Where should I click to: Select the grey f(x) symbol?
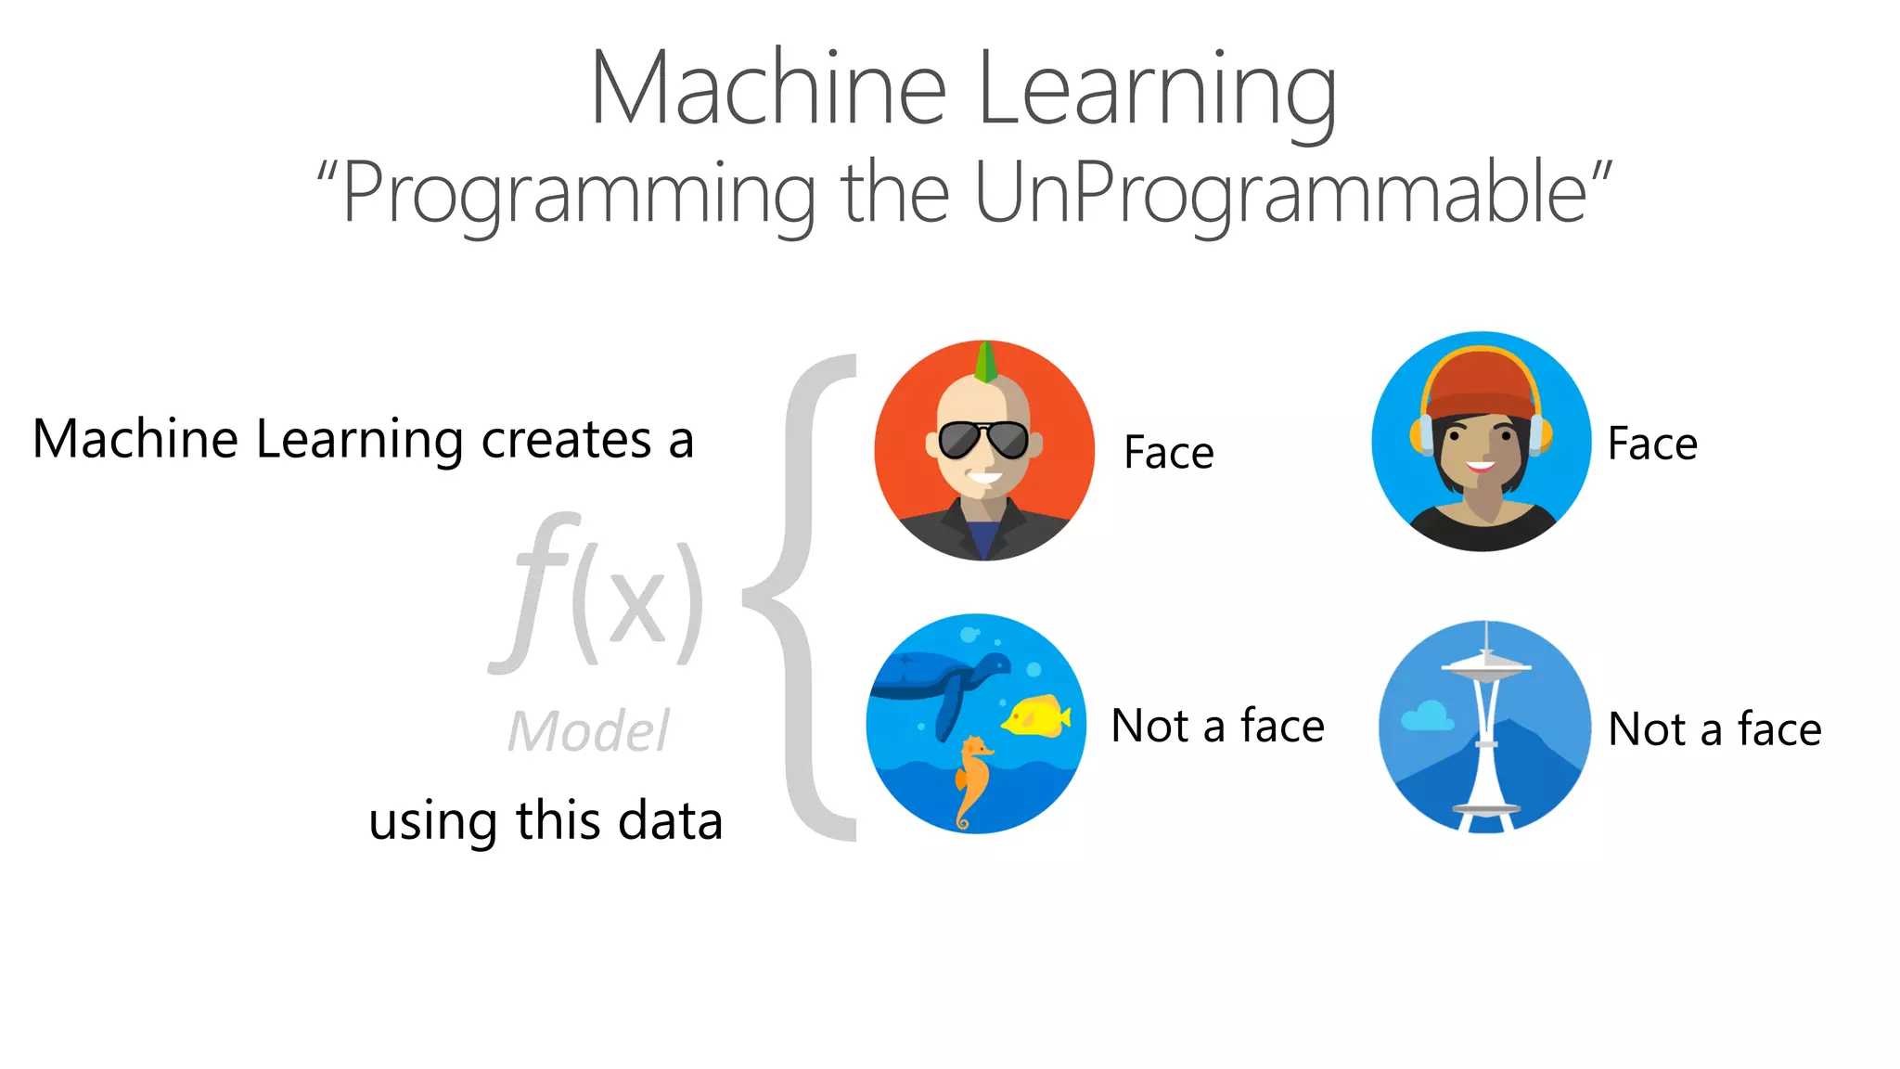(598, 594)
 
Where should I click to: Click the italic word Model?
(588, 731)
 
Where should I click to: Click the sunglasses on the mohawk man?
(983, 440)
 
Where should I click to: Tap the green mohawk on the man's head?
(986, 362)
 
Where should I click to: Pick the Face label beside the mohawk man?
(1168, 453)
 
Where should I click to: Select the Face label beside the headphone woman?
(1652, 444)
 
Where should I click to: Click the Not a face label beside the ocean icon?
(1217, 726)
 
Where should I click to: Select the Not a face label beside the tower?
(1714, 729)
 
